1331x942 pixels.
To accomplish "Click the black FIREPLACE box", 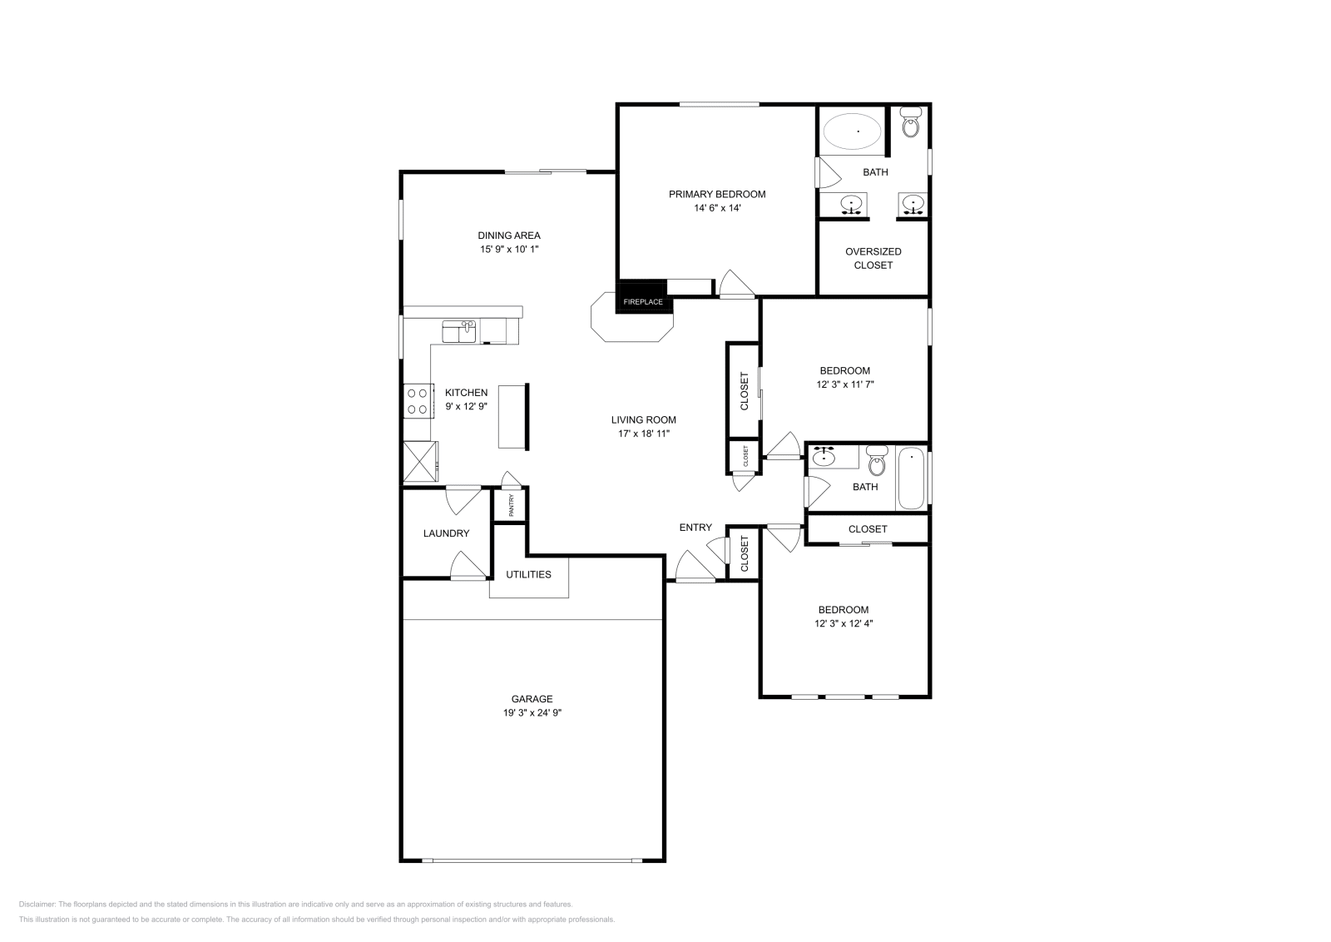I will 642,300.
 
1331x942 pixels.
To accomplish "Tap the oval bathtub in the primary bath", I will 853,131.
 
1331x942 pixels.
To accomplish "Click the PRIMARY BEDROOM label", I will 717,194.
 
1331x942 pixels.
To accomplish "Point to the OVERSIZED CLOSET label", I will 873,258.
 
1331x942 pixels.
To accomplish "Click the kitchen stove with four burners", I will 418,400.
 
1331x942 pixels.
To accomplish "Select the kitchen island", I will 513,416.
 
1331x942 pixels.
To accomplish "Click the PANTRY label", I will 512,505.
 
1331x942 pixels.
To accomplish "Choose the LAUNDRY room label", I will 446,533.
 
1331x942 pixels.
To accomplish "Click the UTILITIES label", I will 528,574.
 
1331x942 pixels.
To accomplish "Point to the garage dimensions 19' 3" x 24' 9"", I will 532,713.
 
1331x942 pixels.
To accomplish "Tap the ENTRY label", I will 695,527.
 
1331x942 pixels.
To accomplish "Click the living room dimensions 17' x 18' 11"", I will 643,434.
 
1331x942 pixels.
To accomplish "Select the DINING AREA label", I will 508,235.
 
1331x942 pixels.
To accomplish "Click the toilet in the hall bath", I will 877,462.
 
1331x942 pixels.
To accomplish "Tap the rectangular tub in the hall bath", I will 912,478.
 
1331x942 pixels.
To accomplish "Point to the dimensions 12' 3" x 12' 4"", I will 844,623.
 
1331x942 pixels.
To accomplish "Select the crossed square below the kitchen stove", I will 420,462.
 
